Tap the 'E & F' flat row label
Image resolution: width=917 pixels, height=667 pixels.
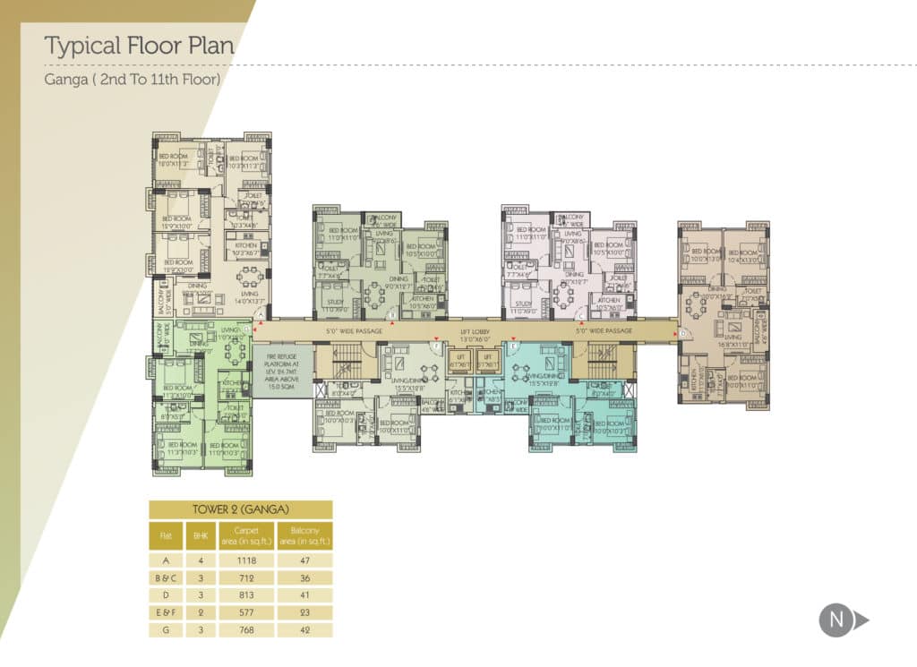pos(166,611)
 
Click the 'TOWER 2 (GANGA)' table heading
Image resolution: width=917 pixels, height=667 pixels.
pos(240,509)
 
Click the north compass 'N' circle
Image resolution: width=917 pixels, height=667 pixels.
pos(836,620)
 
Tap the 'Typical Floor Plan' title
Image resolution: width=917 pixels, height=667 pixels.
pos(139,46)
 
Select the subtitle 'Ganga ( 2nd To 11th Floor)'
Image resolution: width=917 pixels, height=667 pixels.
pos(133,79)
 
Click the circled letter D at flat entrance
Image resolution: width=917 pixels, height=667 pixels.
pos(682,334)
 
